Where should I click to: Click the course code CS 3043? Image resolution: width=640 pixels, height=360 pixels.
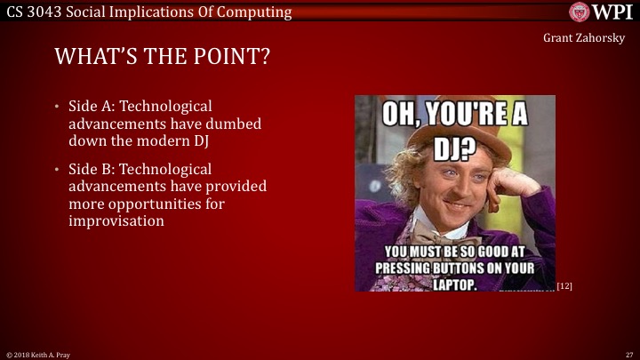click(x=33, y=12)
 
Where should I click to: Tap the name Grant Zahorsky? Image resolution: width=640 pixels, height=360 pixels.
click(x=585, y=39)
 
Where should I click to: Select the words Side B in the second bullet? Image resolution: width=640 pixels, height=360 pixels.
click(x=90, y=169)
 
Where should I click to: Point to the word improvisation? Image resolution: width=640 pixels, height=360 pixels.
click(x=116, y=220)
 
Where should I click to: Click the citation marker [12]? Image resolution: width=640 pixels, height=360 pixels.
click(x=564, y=285)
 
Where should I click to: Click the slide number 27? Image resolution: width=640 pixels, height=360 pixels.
click(x=628, y=354)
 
